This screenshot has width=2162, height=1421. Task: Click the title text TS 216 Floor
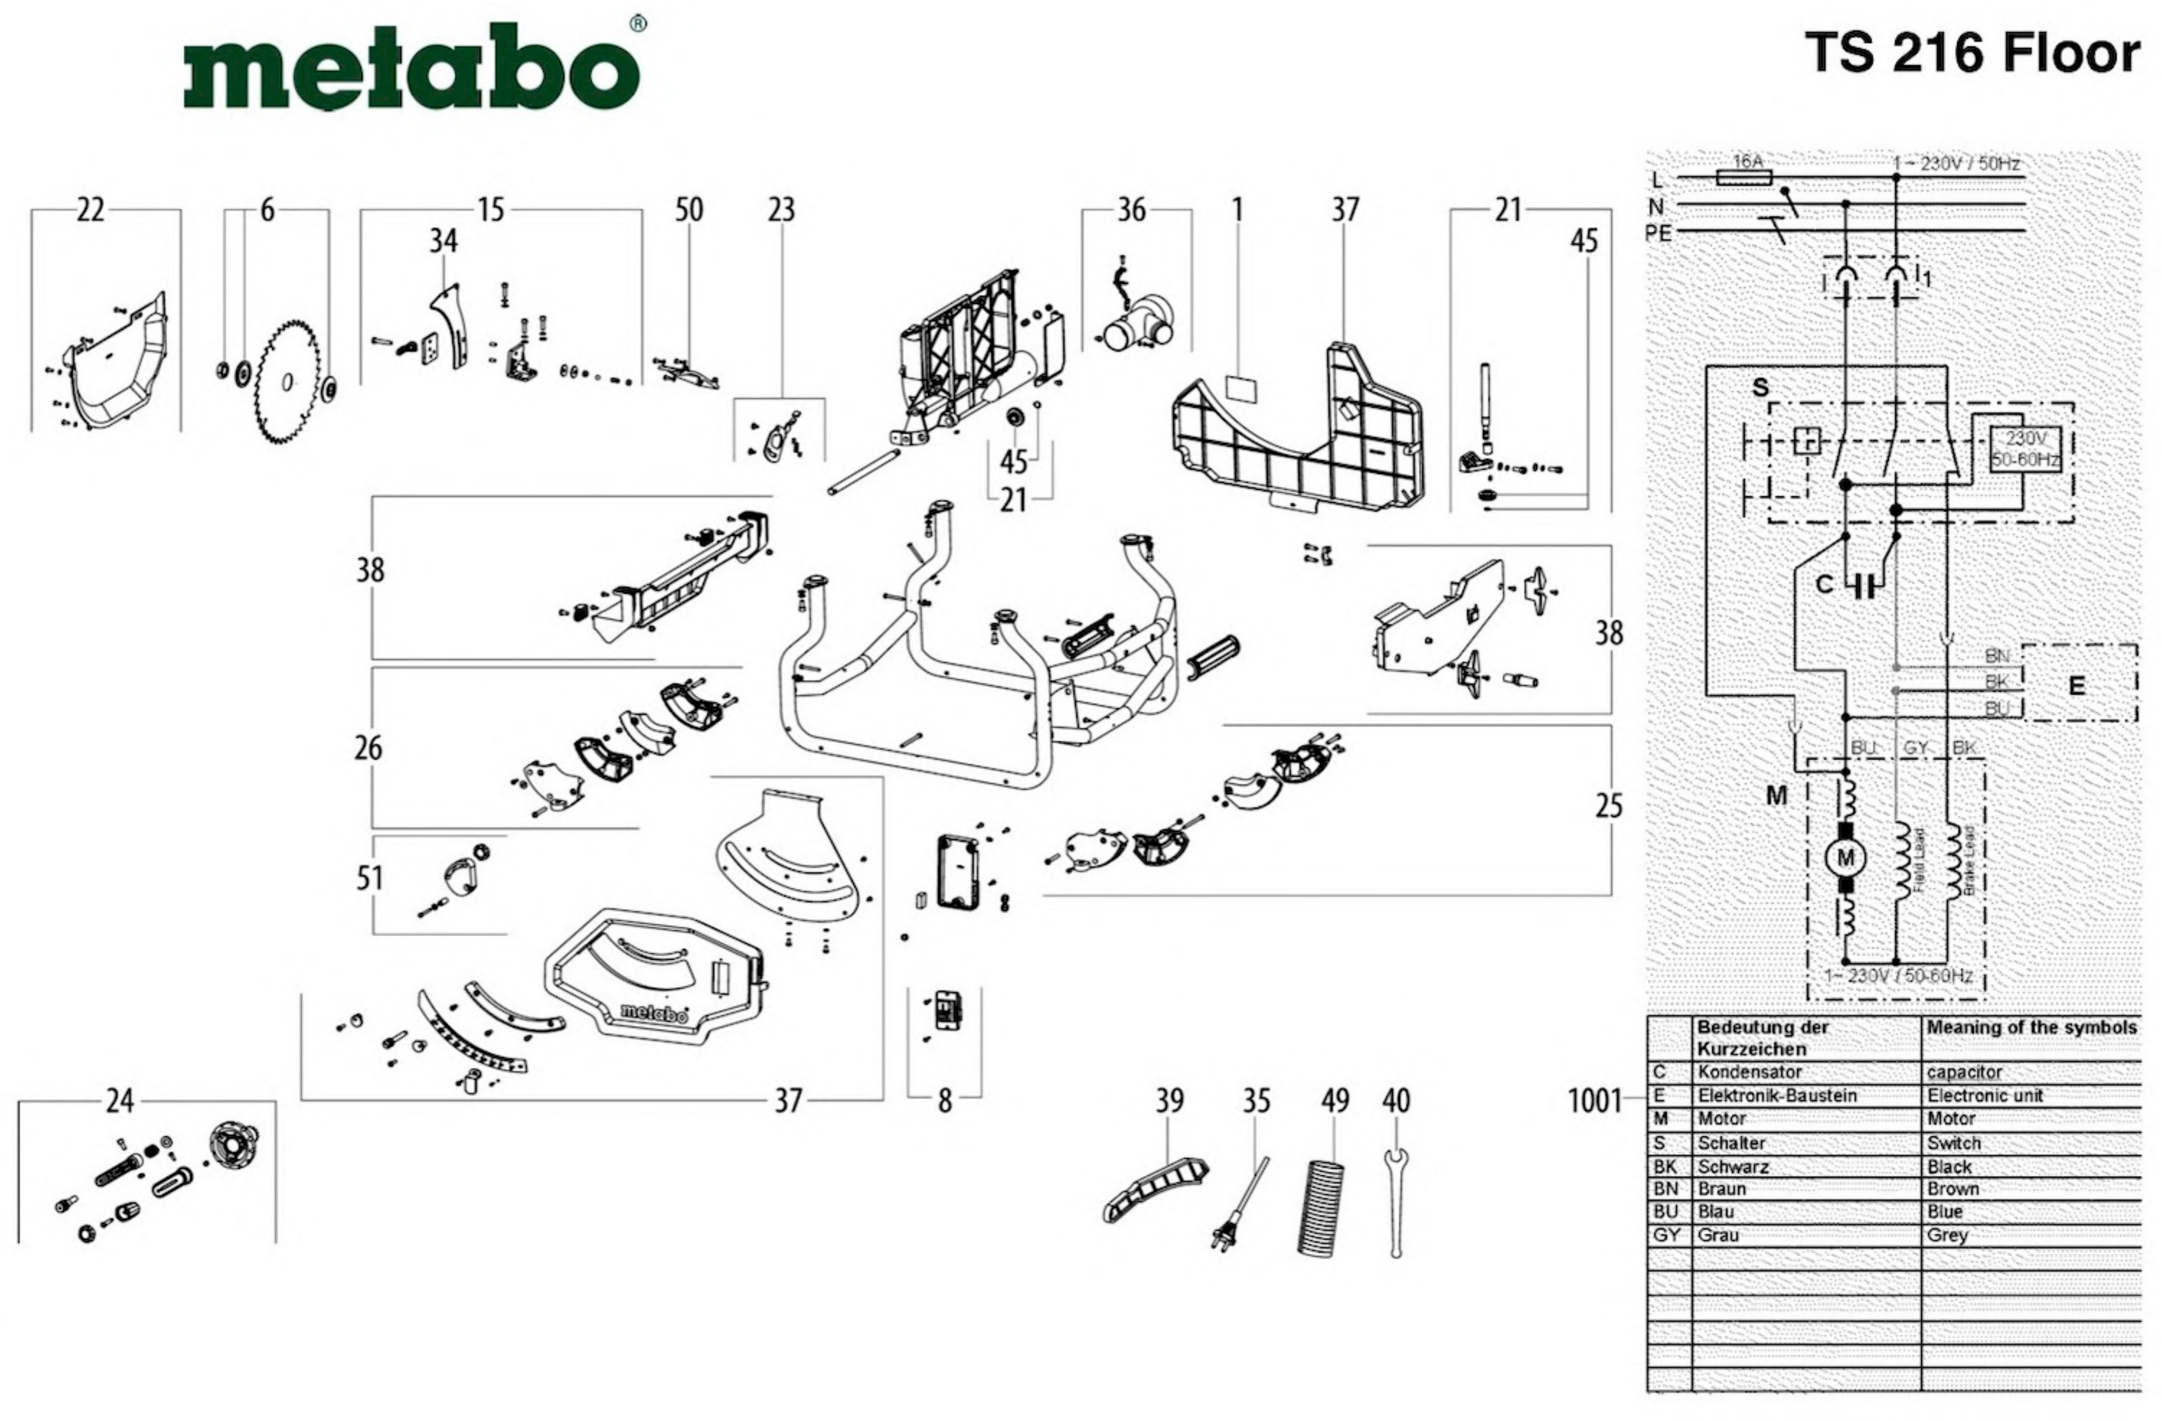(x=1971, y=52)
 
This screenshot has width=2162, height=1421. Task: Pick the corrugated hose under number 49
(x=1321, y=1208)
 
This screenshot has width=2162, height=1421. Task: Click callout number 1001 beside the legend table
(x=1594, y=1101)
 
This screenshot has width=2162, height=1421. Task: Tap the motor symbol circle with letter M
(x=1845, y=858)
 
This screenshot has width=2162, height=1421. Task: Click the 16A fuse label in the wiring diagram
(x=1747, y=162)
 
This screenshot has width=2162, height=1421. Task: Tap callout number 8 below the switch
(x=945, y=1101)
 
